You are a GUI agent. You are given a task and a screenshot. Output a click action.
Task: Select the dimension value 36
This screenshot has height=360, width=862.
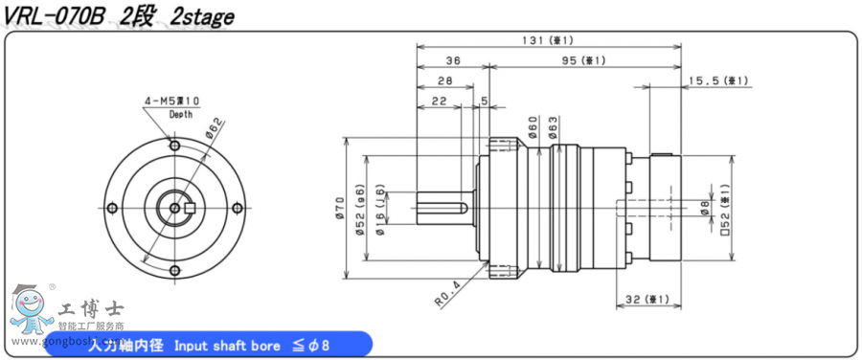(453, 60)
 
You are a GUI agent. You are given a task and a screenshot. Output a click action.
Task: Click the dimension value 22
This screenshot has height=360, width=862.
(440, 101)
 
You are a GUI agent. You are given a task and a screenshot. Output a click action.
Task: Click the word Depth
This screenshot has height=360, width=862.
(180, 114)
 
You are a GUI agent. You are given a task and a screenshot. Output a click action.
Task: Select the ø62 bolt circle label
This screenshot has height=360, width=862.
(213, 127)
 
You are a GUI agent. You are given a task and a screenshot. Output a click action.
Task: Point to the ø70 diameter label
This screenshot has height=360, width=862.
(340, 209)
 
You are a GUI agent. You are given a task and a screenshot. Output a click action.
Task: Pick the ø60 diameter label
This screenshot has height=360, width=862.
(533, 125)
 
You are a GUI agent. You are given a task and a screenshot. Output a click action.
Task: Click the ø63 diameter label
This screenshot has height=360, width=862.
(553, 125)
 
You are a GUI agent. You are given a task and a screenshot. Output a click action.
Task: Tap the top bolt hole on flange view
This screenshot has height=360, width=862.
(174, 146)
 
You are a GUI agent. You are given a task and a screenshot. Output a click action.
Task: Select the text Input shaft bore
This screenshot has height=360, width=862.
(223, 345)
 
